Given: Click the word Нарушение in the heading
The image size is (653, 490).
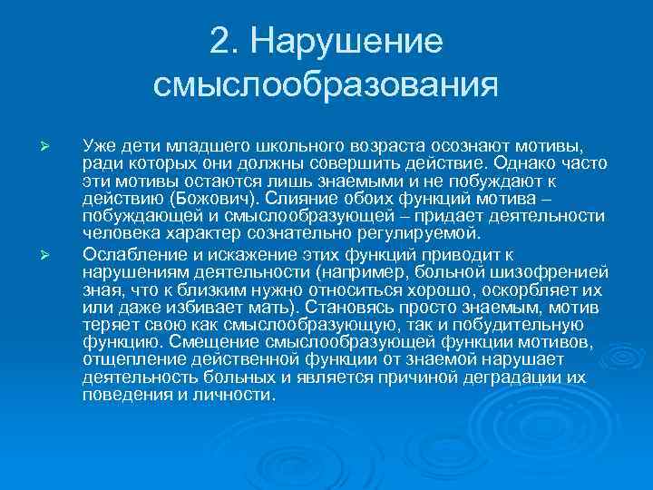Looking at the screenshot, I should coord(347,40).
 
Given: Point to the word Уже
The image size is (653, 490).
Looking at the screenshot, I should coord(97,145).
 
